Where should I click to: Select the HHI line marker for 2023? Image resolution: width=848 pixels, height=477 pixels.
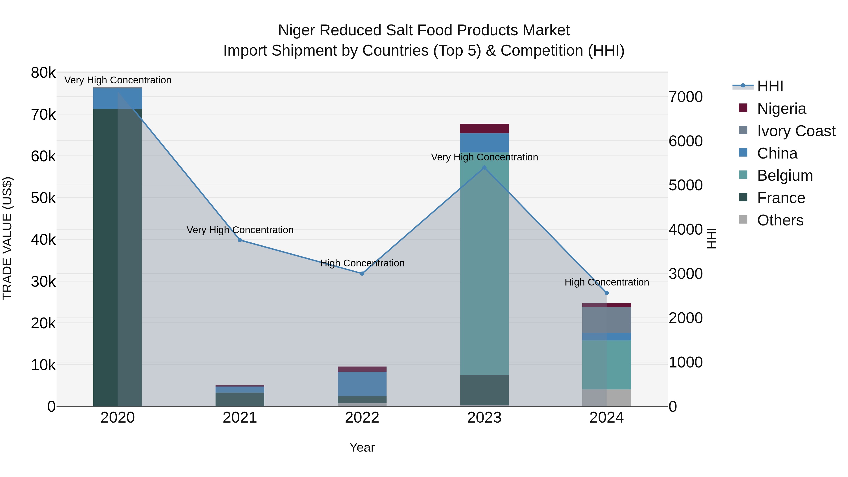tap(484, 167)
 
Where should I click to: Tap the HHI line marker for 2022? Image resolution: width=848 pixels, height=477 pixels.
tap(362, 273)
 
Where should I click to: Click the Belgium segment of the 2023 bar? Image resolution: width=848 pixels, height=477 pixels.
tap(484, 263)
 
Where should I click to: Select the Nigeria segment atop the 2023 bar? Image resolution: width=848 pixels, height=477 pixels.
tap(484, 128)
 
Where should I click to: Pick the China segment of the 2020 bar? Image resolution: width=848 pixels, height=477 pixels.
tap(118, 98)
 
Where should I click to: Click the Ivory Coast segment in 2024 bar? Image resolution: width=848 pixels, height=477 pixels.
tap(607, 320)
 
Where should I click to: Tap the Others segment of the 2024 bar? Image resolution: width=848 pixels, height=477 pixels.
tap(607, 398)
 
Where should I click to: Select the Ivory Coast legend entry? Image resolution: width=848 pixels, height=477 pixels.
tap(796, 131)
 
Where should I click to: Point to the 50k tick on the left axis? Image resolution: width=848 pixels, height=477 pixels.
tap(43, 198)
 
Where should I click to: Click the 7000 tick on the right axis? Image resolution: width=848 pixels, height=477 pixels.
tap(686, 97)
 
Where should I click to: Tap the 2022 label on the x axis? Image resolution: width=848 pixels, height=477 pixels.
tap(362, 418)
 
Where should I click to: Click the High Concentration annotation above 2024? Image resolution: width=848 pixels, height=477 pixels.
tap(607, 282)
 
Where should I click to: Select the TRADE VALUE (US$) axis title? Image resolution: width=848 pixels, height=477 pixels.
tap(7, 238)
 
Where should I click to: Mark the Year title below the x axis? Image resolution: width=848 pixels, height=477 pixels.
tap(362, 447)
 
